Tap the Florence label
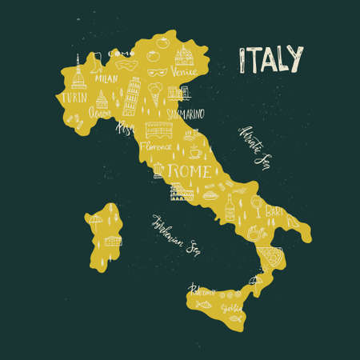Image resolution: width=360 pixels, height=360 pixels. coord(156,148)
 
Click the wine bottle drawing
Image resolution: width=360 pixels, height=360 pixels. coord(230,205)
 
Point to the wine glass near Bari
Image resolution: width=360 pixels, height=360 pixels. coord(254,209)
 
